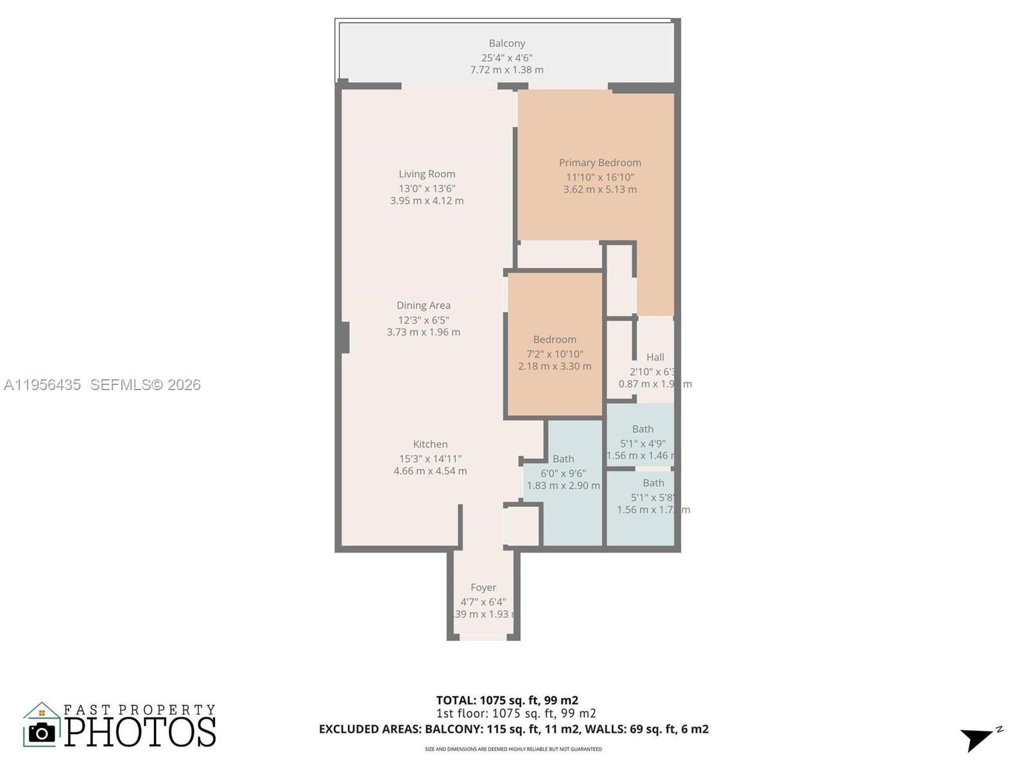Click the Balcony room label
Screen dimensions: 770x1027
506,44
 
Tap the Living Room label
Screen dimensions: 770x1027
427,174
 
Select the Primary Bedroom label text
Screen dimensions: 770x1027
600,163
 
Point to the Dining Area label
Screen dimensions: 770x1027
423,305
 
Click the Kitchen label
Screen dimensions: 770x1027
430,444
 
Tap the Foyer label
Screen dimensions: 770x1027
483,588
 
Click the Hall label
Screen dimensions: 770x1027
655,357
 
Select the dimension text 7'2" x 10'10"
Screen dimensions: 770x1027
555,354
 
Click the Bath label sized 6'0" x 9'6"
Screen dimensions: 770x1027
563,459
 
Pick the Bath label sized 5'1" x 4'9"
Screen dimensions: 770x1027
643,429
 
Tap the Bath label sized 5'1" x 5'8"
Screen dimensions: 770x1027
653,483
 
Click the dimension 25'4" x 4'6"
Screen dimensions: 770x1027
506,58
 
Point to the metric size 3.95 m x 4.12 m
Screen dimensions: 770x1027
427,201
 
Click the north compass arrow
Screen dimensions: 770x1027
978,739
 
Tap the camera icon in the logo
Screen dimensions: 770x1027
42,732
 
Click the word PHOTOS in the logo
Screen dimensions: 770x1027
140,732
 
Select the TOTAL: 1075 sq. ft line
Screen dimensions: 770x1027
507,700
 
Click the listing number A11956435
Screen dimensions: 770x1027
42,385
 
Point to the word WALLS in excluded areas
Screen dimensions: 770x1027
645,729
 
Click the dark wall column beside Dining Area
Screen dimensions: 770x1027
345,338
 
